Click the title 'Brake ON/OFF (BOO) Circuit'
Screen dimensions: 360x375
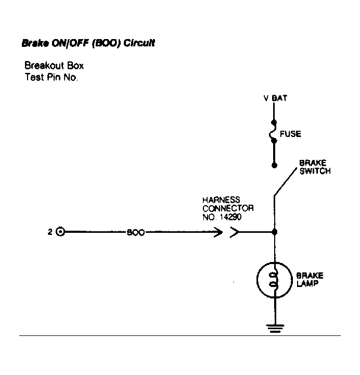pos(88,43)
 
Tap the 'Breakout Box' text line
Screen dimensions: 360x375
pos(54,66)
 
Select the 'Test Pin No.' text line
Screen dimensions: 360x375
pos(52,77)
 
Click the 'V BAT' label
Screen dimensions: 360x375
pos(275,98)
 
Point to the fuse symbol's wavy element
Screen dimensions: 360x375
pos(272,132)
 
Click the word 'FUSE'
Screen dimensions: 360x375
pos(290,134)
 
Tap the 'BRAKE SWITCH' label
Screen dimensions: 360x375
pos(315,167)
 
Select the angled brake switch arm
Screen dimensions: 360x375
pos(286,182)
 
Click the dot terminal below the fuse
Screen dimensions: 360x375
pos(275,165)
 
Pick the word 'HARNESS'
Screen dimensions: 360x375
pos(221,200)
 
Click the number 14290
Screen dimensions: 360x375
pos(231,217)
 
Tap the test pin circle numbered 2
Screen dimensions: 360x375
pos(60,232)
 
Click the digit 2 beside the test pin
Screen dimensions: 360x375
pos(50,232)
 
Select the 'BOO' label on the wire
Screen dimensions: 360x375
pos(136,232)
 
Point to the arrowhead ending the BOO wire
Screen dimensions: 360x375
pos(218,232)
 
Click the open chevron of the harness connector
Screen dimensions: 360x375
pos(234,232)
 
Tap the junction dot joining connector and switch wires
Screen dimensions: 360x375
pos(275,232)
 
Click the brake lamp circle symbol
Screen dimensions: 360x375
pos(257,280)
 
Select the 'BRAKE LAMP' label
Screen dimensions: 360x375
pos(310,280)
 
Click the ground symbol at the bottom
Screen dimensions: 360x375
pos(275,328)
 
